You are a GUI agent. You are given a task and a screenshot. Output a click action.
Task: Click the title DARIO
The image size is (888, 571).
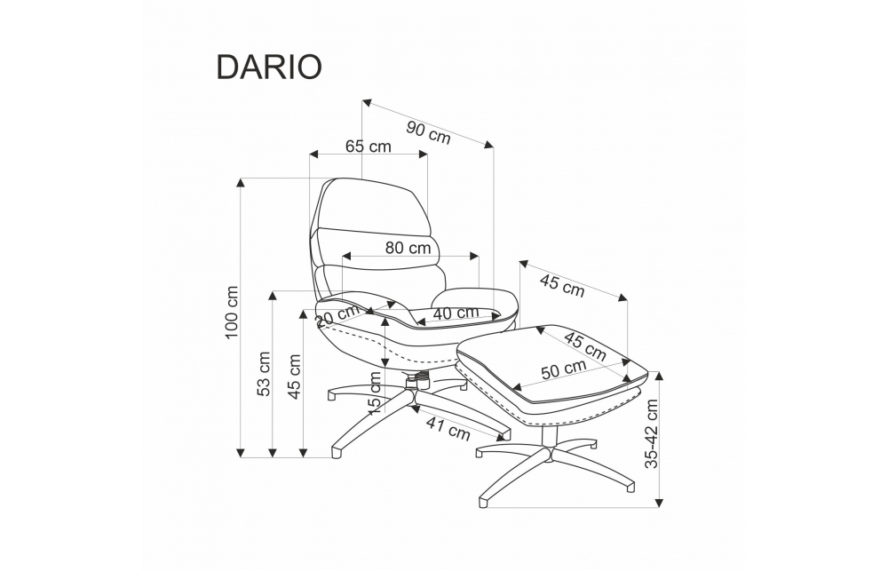[269, 67]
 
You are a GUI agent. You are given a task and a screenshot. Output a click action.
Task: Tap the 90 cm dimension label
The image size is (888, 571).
[428, 131]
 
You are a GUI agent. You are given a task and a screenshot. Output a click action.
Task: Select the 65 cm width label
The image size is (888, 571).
[369, 147]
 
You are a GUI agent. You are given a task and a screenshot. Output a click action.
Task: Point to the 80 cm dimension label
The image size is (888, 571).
[408, 248]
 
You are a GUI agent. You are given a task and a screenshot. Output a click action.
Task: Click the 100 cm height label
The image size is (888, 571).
[233, 312]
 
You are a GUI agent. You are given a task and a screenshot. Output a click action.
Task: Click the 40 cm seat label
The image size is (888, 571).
[456, 313]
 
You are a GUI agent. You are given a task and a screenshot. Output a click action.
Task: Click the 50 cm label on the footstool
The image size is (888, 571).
[563, 369]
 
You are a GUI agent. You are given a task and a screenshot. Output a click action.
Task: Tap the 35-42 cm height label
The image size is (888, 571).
[653, 434]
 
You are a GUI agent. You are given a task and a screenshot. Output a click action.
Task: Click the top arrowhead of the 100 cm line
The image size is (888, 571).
[241, 182]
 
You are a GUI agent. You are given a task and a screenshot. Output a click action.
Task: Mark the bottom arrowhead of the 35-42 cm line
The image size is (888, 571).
[660, 503]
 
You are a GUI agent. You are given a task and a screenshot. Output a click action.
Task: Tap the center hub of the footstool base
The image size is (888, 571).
[548, 454]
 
